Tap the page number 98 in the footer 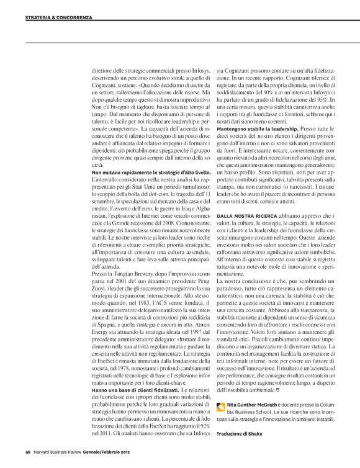(28, 452)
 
